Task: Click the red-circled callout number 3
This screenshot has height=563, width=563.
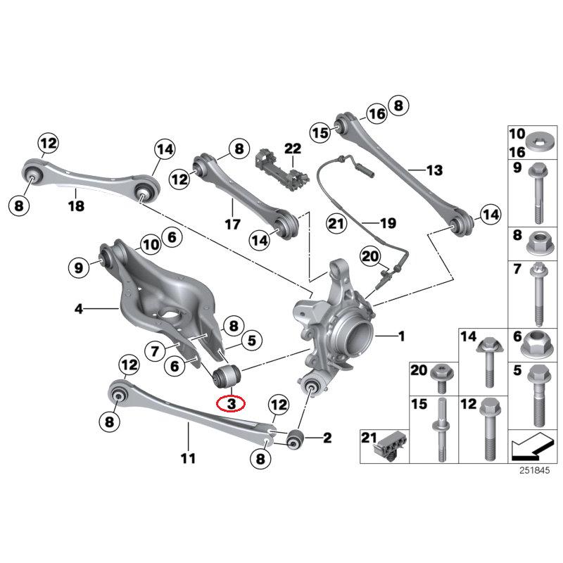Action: point(231,403)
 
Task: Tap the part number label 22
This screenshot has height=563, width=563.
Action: point(292,148)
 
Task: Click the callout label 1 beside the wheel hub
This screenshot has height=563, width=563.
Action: point(401,337)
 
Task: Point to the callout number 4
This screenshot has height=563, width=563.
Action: point(79,308)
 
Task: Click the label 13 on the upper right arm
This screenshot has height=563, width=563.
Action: point(434,170)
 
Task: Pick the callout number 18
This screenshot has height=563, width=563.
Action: point(76,206)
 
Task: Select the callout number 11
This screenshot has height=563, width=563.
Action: point(187,459)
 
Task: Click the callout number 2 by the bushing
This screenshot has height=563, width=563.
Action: point(327,439)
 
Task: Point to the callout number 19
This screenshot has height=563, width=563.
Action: point(388,224)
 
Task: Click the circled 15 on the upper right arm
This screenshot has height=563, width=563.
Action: point(321,132)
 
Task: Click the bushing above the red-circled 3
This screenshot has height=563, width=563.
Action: point(226,376)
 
